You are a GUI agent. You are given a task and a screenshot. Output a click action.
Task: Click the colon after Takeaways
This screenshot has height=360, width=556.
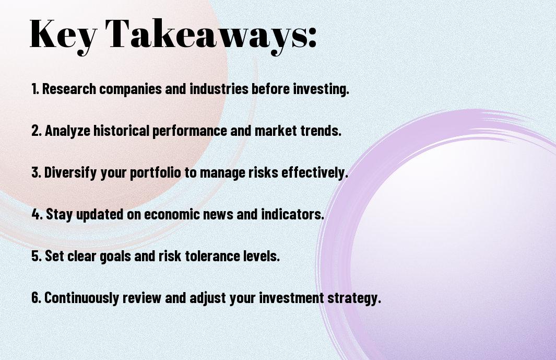coord(312,37)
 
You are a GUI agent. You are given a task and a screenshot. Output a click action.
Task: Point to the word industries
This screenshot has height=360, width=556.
coord(219,89)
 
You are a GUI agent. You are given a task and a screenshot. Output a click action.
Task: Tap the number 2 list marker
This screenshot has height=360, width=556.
coord(36,131)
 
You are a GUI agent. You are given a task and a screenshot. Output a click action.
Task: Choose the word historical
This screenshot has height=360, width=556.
coord(121,131)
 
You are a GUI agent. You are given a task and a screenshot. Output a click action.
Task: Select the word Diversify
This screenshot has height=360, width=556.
coord(70,173)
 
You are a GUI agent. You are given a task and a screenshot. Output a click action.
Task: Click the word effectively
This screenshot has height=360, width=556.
coord(314,173)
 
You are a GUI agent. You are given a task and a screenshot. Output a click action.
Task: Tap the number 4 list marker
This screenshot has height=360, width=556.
coord(37,214)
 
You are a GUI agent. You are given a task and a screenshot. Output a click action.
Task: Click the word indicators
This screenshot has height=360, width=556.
coord(292,214)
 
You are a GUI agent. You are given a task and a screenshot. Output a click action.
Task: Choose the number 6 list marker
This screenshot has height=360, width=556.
coord(36,297)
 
